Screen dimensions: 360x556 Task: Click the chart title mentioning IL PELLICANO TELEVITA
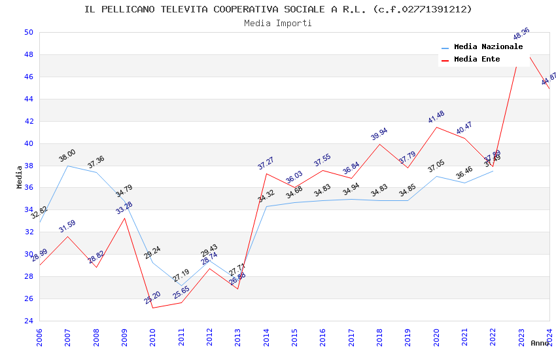coord(278,9)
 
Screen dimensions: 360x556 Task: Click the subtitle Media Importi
coord(278,23)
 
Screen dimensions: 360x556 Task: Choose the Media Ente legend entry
coord(477,60)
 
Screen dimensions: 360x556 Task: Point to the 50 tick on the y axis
coord(28,33)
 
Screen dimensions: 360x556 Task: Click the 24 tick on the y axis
coord(28,321)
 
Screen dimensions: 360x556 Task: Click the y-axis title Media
coord(20,177)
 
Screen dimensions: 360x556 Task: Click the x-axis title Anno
coord(540,343)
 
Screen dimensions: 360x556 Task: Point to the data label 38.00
coord(67,157)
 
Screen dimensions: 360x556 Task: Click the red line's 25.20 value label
coord(152,297)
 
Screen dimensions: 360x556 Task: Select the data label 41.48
coord(436,117)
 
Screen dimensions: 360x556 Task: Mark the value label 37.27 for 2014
coord(266,164)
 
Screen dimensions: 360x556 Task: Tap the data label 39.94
coord(379,134)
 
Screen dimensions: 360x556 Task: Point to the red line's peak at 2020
coord(436,127)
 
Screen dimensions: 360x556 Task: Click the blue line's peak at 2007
coord(67,166)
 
